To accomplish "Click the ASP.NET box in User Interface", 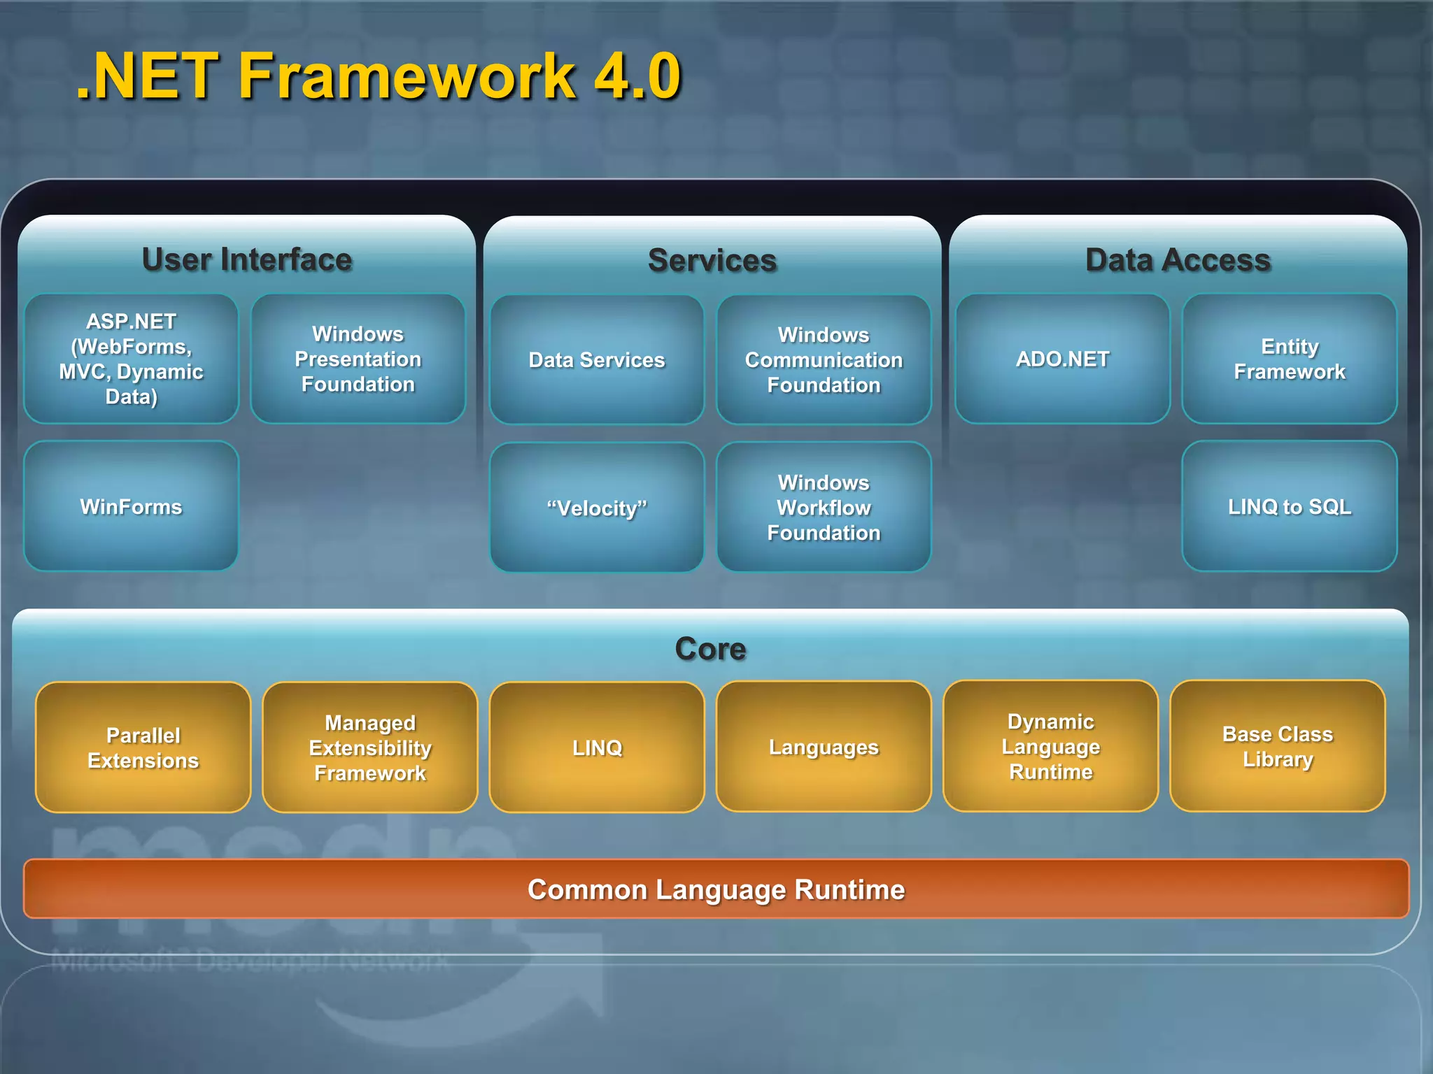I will tap(132, 359).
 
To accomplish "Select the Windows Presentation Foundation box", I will tap(358, 359).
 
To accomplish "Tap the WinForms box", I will tap(132, 506).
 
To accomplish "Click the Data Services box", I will tap(597, 360).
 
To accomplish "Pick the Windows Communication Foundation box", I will tap(824, 360).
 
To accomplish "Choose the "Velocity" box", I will tap(597, 508).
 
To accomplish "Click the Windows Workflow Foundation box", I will tap(824, 508).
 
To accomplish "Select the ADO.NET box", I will tap(1062, 359).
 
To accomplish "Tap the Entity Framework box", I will tap(1289, 359).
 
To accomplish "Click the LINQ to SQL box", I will tap(1289, 506).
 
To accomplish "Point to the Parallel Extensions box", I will tap(143, 747).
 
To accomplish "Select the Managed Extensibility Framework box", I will tap(370, 747).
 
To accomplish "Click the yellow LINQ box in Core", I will tap(597, 747).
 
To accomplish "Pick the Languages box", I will tap(824, 747).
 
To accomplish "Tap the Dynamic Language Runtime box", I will tap(1050, 746).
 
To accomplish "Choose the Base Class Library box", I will tap(1277, 746).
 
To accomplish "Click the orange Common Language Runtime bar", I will tap(716, 889).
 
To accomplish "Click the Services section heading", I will tap(712, 260).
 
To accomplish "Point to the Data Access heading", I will tap(1178, 260).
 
